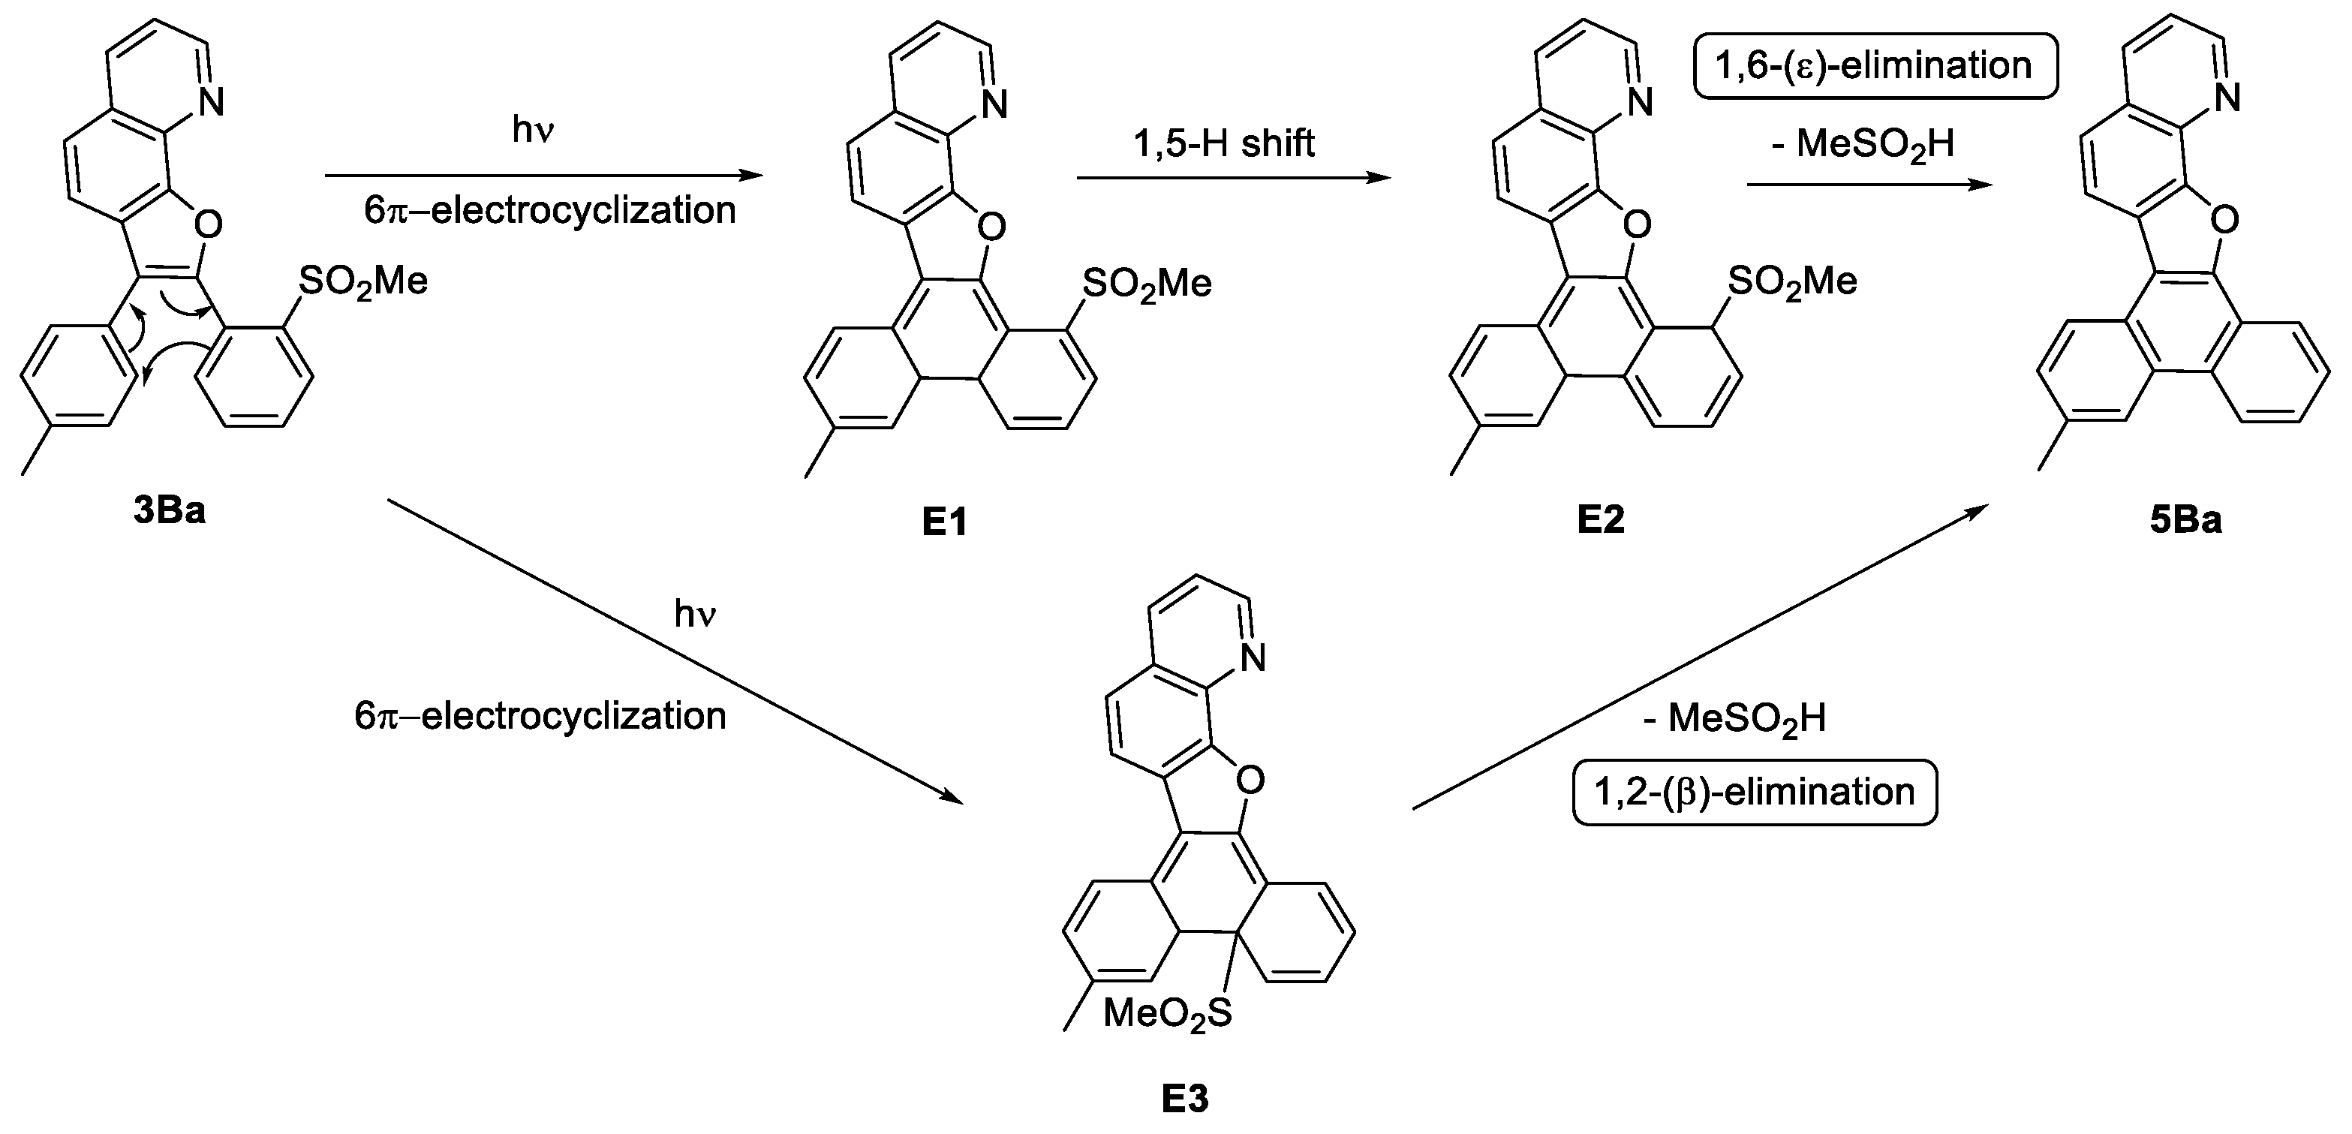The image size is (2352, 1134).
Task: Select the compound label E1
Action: click(944, 522)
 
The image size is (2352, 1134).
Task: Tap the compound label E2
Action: click(1601, 519)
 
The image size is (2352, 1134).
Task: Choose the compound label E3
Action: click(1184, 1099)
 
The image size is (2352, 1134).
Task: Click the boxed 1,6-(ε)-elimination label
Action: click(1875, 66)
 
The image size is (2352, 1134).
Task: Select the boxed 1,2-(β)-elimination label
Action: click(1754, 792)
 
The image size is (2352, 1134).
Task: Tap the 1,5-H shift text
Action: click(1223, 143)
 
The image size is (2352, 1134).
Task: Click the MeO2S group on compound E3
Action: click(1167, 1012)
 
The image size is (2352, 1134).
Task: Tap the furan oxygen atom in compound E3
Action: click(1250, 779)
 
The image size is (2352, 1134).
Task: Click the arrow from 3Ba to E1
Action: click(543, 176)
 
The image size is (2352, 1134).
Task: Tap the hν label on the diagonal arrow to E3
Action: click(695, 615)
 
